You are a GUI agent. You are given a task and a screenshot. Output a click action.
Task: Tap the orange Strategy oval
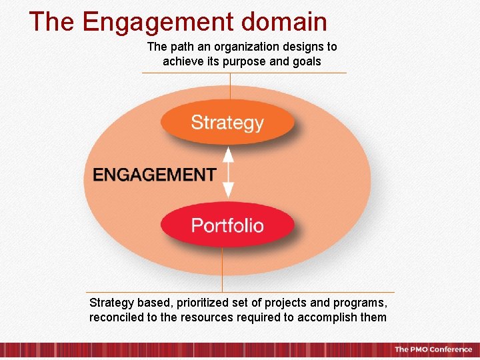coord(227,123)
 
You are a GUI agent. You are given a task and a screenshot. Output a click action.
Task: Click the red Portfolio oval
coord(227,225)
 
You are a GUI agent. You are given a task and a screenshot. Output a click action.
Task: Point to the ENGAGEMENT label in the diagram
coord(154,175)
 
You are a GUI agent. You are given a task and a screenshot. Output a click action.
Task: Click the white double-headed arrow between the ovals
coord(228,173)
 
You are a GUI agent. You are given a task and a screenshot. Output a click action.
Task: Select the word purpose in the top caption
coord(252,61)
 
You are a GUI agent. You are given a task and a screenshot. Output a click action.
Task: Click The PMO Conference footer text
coord(433,349)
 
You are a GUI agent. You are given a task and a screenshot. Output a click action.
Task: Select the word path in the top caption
coord(181,47)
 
